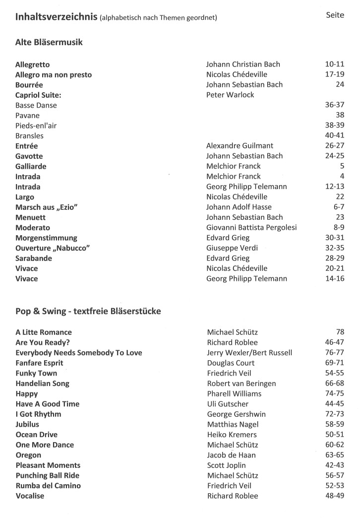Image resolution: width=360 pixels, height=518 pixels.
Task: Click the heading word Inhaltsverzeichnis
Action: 56,17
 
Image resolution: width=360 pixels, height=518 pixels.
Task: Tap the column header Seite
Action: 335,15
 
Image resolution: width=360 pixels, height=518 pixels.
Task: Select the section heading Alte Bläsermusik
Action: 49,43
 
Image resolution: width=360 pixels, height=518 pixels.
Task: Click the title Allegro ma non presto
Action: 54,74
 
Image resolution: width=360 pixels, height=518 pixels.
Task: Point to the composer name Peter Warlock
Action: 230,95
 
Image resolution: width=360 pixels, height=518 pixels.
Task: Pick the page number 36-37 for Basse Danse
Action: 332,105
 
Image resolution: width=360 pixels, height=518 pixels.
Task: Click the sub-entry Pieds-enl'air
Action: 36,126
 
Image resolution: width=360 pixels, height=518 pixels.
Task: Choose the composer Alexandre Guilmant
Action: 240,146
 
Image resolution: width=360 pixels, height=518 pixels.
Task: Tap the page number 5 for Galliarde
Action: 342,166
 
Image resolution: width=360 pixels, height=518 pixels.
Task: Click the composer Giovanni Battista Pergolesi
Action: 251,227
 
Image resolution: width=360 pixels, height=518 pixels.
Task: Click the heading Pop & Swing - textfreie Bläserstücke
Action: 88,312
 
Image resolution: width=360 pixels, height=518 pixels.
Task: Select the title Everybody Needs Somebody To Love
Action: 79,353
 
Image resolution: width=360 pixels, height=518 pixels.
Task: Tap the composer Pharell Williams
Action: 234,393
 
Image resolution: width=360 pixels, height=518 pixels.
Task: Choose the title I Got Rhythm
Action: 39,414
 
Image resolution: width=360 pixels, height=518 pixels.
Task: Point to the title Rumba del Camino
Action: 48,485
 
